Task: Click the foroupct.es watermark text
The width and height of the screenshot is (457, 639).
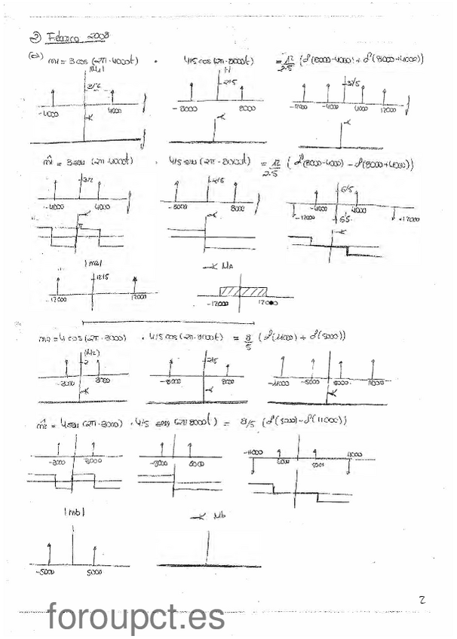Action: coord(136,617)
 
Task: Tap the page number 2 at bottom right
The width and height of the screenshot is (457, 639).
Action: coord(422,599)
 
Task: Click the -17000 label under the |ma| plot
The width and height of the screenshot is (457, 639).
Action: coord(57,299)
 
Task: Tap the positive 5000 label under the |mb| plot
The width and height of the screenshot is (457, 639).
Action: coord(94,572)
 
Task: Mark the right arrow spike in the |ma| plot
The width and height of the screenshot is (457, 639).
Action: coord(133,285)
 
